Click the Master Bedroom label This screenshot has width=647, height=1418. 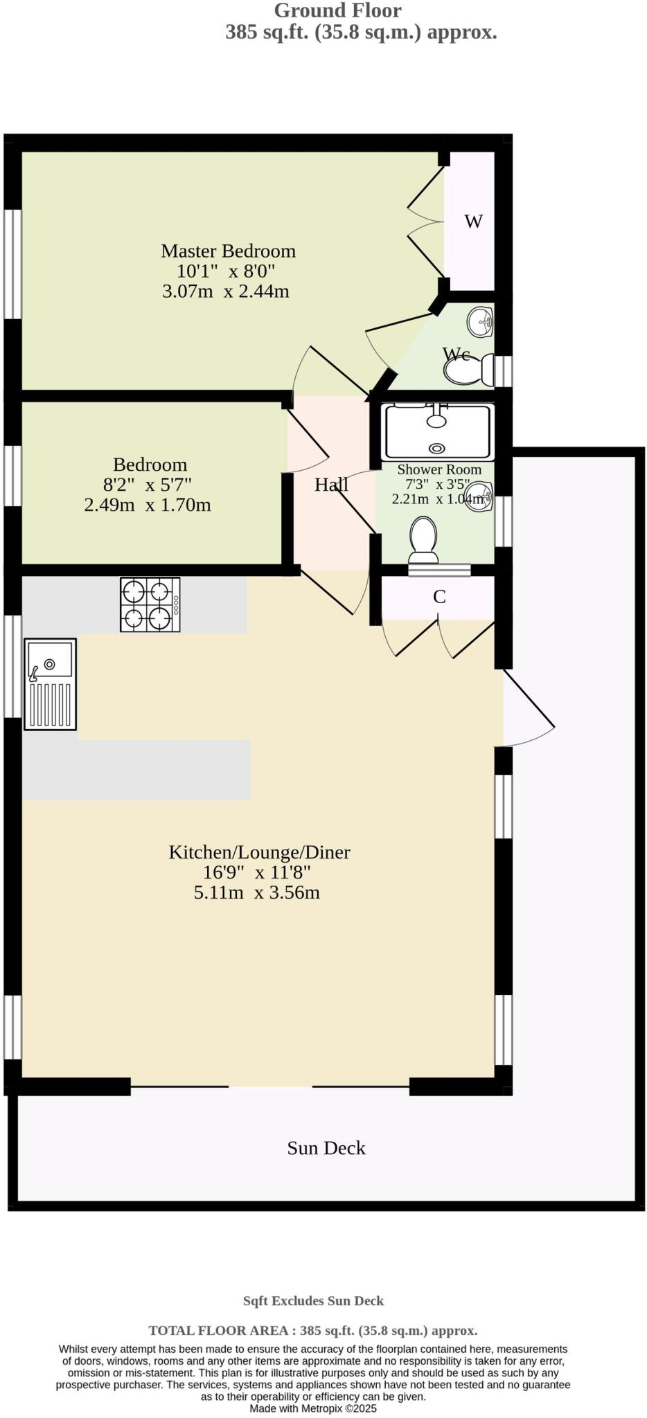(228, 251)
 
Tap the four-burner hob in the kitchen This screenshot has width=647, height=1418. (150, 604)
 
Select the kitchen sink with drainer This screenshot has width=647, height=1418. (50, 683)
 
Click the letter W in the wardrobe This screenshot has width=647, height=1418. (473, 222)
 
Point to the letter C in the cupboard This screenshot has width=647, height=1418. (439, 597)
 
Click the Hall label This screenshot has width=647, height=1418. (331, 485)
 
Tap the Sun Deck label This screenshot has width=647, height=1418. (326, 1148)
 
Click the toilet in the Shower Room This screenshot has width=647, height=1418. (423, 540)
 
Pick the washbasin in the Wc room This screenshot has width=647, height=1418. (482, 321)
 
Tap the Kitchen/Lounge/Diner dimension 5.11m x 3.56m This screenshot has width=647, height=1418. (256, 892)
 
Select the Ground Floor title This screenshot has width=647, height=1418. (337, 11)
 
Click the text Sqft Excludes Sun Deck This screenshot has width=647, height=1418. (313, 1301)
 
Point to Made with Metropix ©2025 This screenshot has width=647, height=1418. (313, 1408)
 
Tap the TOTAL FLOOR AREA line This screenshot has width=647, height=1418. (313, 1331)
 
